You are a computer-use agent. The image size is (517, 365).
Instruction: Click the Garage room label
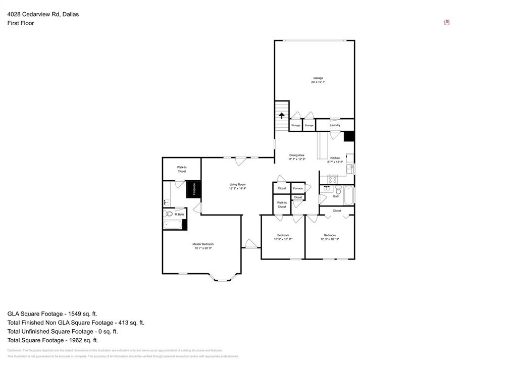pyautogui.click(x=318, y=78)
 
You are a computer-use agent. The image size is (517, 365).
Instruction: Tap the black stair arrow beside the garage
pyautogui.click(x=282, y=115)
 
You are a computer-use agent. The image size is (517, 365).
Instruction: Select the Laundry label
pyautogui.click(x=335, y=125)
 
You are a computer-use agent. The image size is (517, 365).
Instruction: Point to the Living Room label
pyautogui.click(x=237, y=185)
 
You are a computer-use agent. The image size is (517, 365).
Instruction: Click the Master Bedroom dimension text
pyautogui.click(x=203, y=248)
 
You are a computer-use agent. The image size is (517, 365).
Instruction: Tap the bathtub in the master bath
pyautogui.click(x=174, y=225)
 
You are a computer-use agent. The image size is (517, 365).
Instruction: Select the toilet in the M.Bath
pyautogui.click(x=169, y=214)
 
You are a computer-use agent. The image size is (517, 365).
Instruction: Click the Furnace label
pyautogui.click(x=298, y=188)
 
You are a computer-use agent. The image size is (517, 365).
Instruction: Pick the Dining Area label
pyautogui.click(x=296, y=155)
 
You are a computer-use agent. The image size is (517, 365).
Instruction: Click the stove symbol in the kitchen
pyautogui.click(x=332, y=179)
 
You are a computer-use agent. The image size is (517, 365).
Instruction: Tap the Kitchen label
pyautogui.click(x=335, y=158)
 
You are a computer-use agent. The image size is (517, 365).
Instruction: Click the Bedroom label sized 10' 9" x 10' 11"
pyautogui.click(x=283, y=235)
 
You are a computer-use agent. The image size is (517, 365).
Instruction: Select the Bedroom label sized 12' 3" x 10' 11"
pyautogui.click(x=330, y=235)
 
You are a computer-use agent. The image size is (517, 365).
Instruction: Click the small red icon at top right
pyautogui.click(x=446, y=22)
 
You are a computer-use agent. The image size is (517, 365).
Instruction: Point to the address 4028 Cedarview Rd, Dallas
pyautogui.click(x=43, y=14)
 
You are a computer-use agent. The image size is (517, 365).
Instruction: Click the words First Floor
pyautogui.click(x=21, y=23)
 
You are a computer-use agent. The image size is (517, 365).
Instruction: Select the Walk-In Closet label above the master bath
pyautogui.click(x=181, y=169)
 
